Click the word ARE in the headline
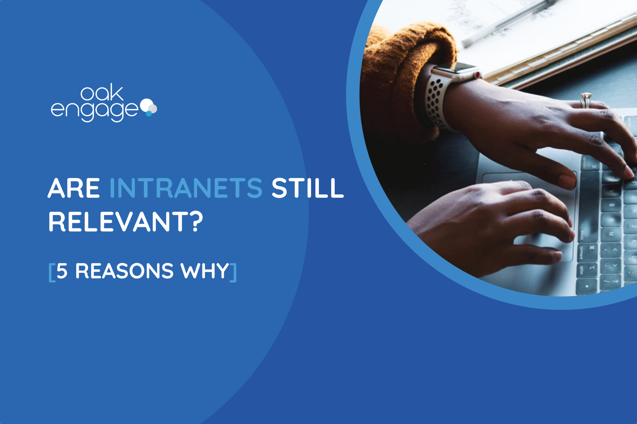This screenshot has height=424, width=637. (x=74, y=188)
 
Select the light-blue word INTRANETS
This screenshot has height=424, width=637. (x=186, y=188)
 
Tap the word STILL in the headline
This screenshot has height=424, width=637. (x=308, y=188)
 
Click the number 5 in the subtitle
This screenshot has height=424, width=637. (x=62, y=271)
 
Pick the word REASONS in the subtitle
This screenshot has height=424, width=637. (x=124, y=271)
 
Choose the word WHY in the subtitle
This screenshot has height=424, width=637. (x=205, y=271)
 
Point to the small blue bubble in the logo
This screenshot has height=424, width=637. (x=149, y=114)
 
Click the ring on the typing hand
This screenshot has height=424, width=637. (x=585, y=100)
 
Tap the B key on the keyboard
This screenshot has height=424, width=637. (x=611, y=205)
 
